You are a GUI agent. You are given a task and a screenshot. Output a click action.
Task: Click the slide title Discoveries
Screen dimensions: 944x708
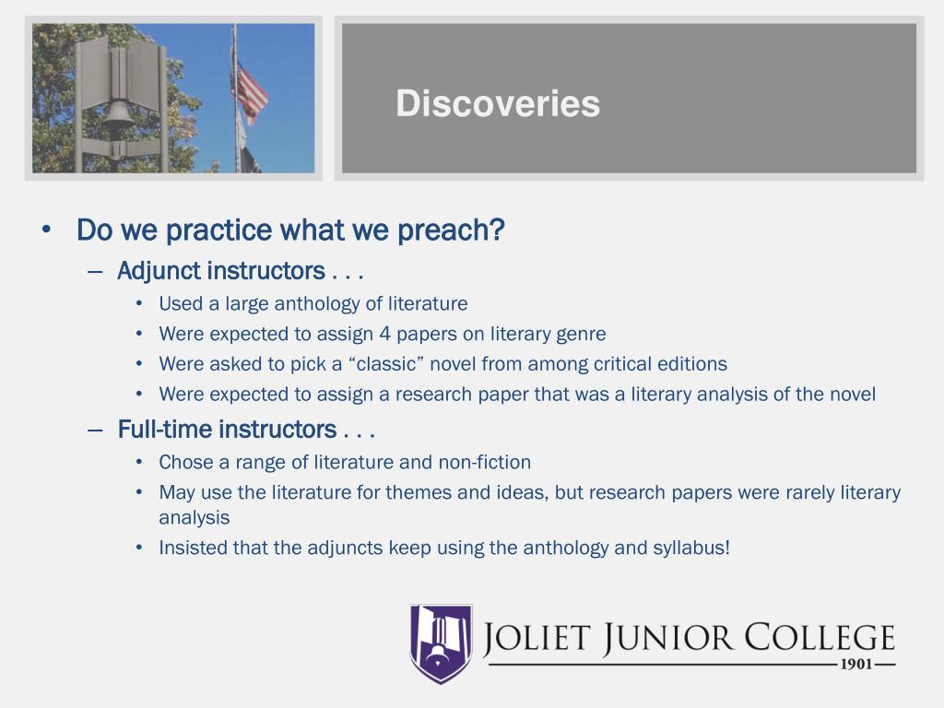[498, 103]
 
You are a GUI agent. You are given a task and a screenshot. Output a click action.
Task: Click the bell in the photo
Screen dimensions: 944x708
[117, 122]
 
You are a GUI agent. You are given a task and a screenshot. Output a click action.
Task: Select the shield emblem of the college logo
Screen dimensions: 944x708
[441, 643]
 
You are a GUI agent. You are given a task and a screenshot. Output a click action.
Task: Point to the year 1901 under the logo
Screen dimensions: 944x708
[856, 665]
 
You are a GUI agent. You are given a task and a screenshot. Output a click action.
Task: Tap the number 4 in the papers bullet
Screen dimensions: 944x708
[384, 334]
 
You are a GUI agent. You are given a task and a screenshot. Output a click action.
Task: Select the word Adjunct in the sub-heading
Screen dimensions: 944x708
[159, 272]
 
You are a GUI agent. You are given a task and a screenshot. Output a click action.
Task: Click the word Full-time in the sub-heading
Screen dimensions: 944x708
[165, 430]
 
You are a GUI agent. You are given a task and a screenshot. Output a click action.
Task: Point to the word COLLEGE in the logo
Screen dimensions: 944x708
[820, 637]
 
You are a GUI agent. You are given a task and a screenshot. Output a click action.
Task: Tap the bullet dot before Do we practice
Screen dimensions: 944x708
[46, 230]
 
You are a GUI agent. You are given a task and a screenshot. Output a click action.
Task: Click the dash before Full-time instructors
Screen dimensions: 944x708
[95, 430]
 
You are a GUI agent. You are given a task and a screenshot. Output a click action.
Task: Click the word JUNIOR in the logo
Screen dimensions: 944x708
[668, 638]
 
